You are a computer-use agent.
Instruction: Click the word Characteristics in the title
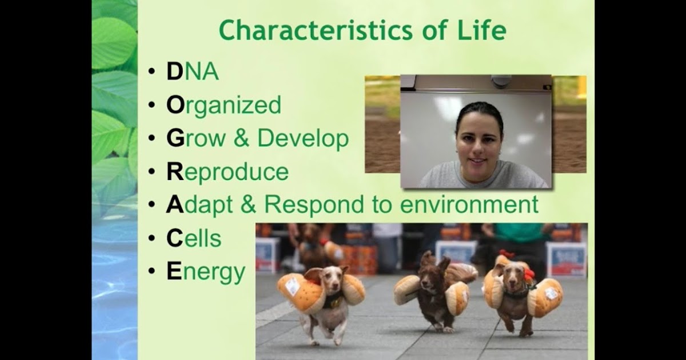(316, 30)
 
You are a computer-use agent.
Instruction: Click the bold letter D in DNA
(174, 71)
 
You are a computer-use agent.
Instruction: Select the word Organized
(224, 106)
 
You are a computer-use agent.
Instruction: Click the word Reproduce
(228, 172)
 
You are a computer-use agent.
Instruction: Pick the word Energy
(206, 273)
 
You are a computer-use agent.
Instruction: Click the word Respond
(314, 205)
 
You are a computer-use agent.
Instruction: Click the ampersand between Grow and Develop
(241, 138)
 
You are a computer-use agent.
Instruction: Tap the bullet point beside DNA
(151, 71)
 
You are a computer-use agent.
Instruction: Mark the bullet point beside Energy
(151, 271)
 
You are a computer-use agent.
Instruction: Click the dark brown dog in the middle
(435, 294)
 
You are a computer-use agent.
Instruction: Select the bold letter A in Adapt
(175, 205)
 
